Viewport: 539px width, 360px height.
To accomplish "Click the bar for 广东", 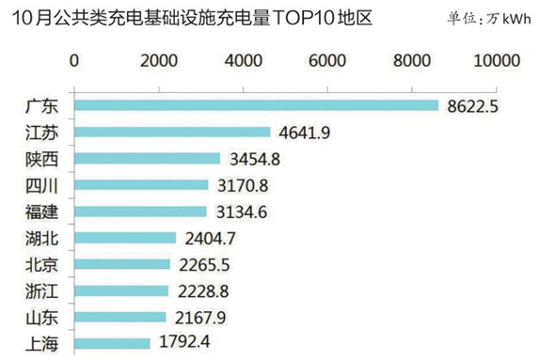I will pyautogui.click(x=256, y=105).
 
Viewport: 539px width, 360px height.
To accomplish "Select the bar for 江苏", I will pyautogui.click(x=172, y=133).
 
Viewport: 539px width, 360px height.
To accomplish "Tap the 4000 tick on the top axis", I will pyautogui.click(x=244, y=60).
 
